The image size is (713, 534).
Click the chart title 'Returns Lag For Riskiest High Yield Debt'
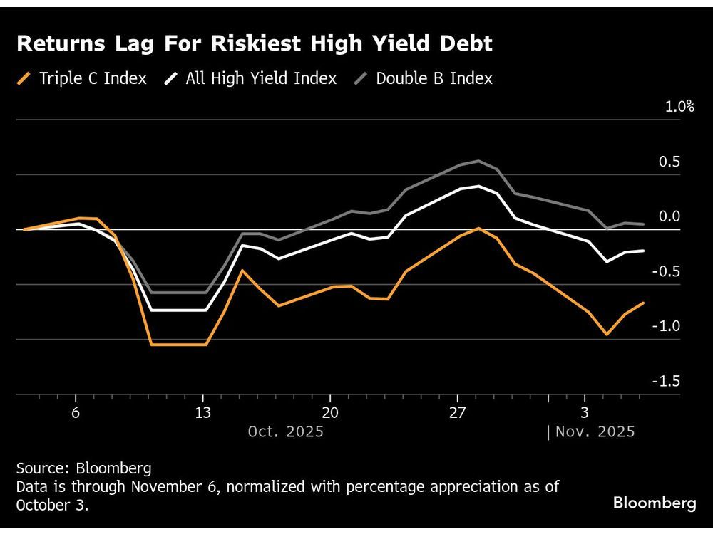coord(255,44)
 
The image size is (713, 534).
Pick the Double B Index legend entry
coord(424,78)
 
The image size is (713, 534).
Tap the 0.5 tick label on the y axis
coord(668,162)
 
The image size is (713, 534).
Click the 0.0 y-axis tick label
coord(668,216)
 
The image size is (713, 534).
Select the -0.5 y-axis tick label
coord(666,271)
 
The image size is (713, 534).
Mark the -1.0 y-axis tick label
coord(666,326)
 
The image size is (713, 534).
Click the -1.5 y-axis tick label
coord(666,381)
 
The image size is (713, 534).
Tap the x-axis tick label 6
coord(76,413)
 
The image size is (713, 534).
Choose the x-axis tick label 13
coord(202,413)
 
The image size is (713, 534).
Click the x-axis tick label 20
coord(329,413)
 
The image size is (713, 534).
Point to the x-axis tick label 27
coord(456,413)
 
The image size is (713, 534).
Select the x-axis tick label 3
coord(584,413)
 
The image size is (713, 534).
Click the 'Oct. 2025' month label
coord(285,431)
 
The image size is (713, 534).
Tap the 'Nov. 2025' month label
coord(595,431)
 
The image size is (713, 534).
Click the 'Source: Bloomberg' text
coord(83,468)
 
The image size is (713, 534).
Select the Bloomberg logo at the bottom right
coord(655,503)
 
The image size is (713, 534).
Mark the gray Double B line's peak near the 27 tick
coord(478,161)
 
